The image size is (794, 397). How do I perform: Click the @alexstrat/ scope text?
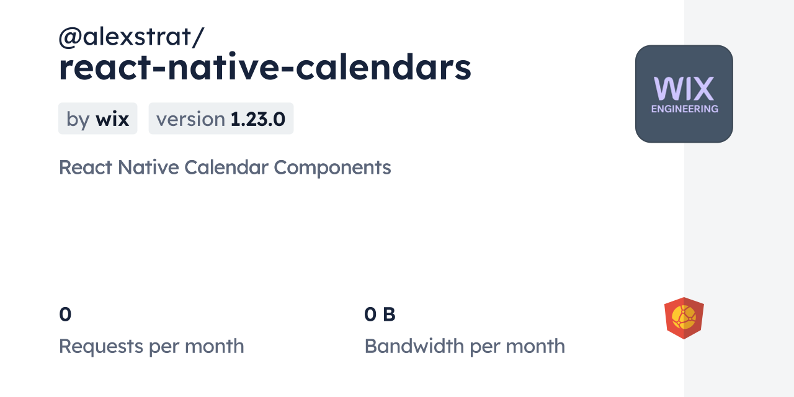(x=131, y=37)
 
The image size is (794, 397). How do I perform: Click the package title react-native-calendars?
(x=265, y=68)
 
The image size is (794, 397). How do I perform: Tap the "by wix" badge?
(x=97, y=118)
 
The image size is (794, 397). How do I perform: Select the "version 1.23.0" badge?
(x=221, y=118)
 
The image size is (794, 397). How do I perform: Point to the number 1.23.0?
(x=257, y=119)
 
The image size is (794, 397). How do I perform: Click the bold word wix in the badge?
(x=112, y=119)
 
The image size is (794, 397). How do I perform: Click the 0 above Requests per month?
(x=65, y=315)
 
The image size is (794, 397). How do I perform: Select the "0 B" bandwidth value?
(x=380, y=315)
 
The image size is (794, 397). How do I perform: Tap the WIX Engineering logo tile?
(x=684, y=94)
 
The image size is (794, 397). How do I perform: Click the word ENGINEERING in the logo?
(x=684, y=109)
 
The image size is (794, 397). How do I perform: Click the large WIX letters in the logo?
(x=684, y=89)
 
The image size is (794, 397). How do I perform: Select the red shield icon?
(x=684, y=318)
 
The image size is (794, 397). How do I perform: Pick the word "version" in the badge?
(x=190, y=119)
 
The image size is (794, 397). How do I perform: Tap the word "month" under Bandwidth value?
(x=535, y=346)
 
